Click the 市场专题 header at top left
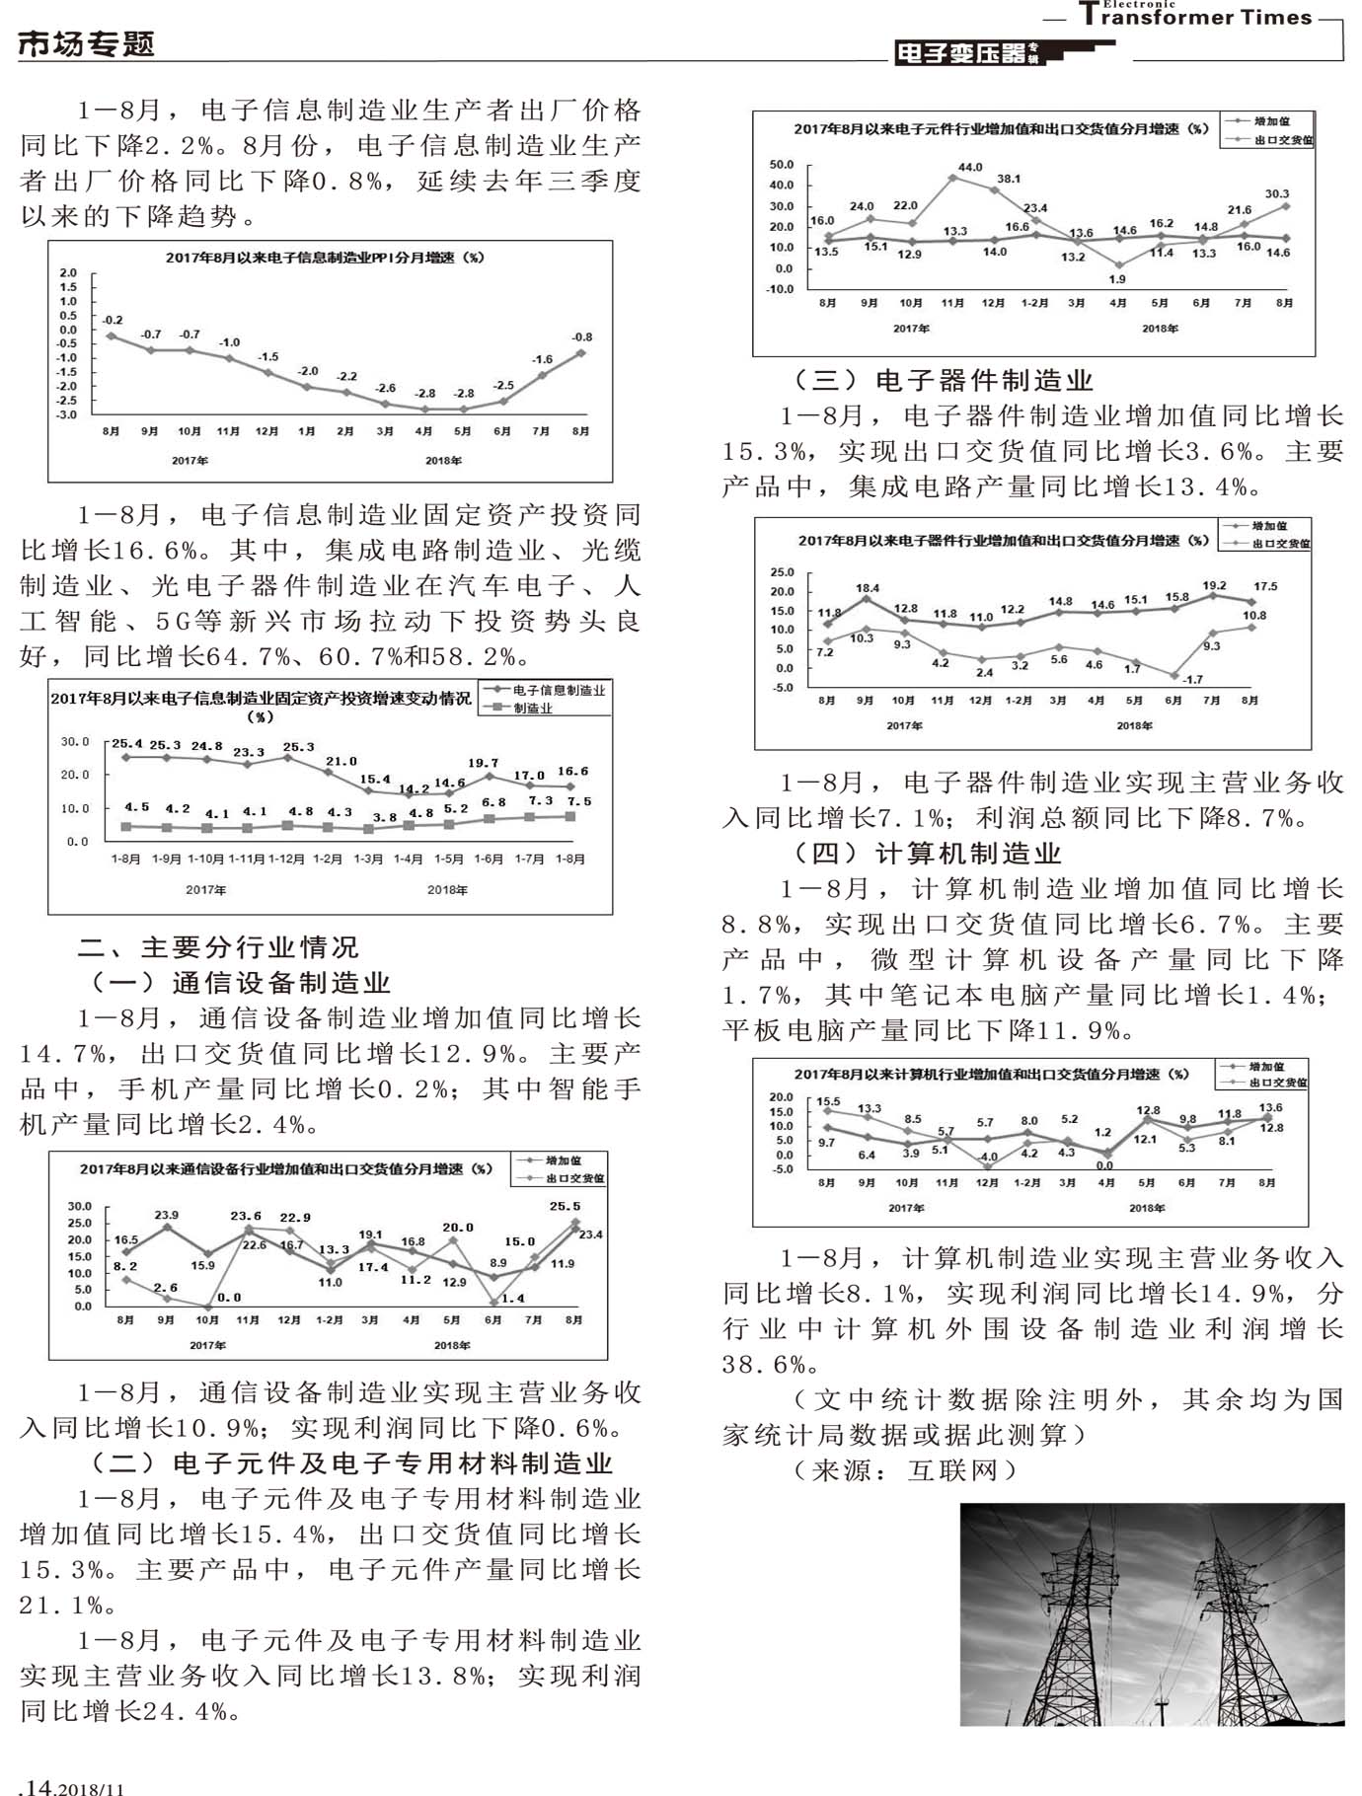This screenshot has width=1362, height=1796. click(x=87, y=44)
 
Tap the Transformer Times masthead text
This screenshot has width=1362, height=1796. click(x=1195, y=17)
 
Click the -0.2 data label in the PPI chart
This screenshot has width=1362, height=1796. click(x=113, y=320)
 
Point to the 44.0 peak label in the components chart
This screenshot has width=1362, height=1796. click(x=970, y=167)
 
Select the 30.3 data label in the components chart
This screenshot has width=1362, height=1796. click(x=1277, y=194)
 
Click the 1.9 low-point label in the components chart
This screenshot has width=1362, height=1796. click(x=1117, y=279)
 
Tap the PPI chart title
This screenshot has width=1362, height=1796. click(x=325, y=258)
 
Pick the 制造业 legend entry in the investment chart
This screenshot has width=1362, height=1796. click(x=533, y=709)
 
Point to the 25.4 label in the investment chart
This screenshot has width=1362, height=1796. click(x=126, y=744)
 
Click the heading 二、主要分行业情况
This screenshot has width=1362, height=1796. click(x=218, y=947)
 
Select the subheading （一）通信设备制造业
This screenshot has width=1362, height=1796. click(x=241, y=983)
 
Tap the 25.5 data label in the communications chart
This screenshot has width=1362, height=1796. click(x=565, y=1206)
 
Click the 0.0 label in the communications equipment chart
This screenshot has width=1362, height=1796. click(x=229, y=1298)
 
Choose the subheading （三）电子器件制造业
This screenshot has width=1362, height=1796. click(x=943, y=381)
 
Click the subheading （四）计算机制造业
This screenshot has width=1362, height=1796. click(x=927, y=854)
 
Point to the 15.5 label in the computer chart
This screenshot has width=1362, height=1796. click(x=828, y=1101)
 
